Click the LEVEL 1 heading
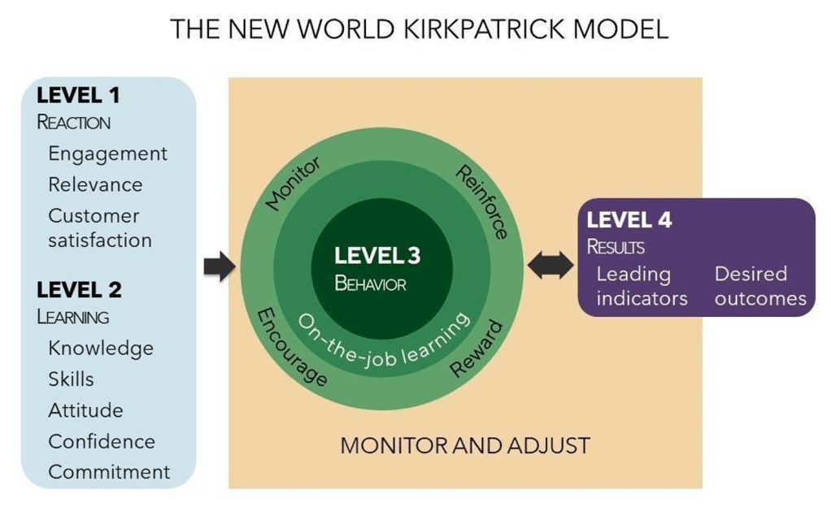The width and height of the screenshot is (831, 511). coord(78,95)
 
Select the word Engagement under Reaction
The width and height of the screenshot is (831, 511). coord(107,154)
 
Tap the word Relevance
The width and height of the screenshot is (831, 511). coord(95,184)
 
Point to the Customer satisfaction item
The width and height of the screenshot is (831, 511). coord(99,228)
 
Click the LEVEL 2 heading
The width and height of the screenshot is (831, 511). coord(79,289)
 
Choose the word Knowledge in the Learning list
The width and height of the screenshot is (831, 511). coord(101,348)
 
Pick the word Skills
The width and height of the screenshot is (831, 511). coord(71,379)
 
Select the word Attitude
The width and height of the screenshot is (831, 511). coord(85,410)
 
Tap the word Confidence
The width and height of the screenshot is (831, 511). coord(102,441)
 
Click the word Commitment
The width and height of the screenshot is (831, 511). coord(109,472)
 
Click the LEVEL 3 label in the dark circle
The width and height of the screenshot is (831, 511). coord(377,256)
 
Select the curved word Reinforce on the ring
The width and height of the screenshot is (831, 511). coord(481,201)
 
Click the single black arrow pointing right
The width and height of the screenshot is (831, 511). coord(218,266)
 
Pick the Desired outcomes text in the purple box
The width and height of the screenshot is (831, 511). coord(760,286)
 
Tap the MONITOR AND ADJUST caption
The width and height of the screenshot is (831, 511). coord(464,446)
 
